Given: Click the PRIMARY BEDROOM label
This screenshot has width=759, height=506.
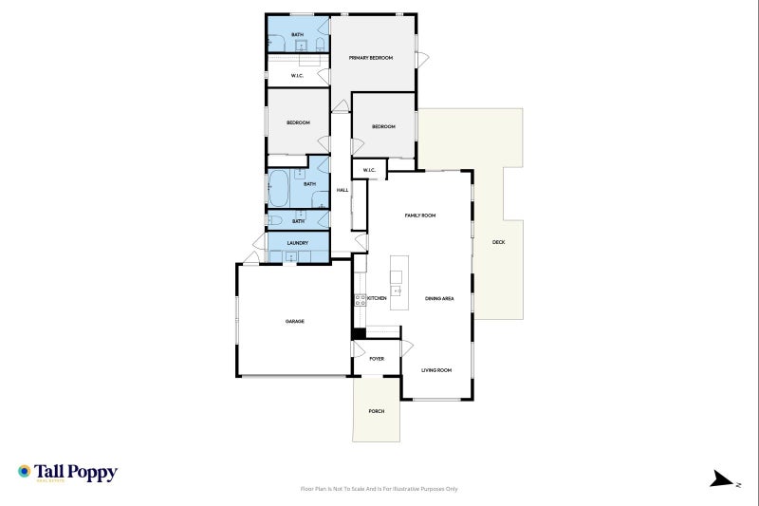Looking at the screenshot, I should [x=370, y=58].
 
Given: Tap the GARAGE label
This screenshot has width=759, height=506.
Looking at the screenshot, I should [x=294, y=322].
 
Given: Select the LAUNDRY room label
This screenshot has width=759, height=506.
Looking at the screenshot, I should [x=298, y=243].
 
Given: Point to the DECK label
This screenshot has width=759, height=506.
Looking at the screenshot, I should [x=498, y=242].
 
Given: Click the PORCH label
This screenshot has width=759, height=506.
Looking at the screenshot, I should [x=377, y=411].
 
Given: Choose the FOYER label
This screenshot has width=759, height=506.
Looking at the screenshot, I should [x=377, y=358].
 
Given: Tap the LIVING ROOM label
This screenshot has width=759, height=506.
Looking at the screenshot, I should [x=436, y=369].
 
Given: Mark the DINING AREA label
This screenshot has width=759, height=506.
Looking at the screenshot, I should [x=439, y=298].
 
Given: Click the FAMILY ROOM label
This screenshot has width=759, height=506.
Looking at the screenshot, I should [x=419, y=216].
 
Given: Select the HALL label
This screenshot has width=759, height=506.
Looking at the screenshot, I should [x=342, y=190].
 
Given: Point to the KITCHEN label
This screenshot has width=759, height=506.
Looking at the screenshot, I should [x=377, y=298].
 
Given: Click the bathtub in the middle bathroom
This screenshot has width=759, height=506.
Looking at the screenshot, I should [x=279, y=188].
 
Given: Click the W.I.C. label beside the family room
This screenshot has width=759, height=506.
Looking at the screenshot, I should [x=369, y=171].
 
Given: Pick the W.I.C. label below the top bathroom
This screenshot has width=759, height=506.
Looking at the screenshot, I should [x=297, y=75].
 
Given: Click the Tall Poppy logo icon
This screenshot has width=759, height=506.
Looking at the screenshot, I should [x=25, y=471].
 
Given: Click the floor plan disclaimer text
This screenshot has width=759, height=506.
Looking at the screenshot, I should [x=379, y=489].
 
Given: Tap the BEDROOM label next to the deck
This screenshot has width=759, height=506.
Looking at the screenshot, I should [x=383, y=126].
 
